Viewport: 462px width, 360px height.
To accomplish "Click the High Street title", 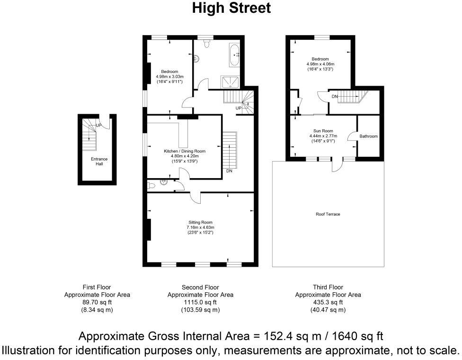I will coord(231,9).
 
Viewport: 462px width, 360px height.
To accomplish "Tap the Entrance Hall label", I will coord(99,162).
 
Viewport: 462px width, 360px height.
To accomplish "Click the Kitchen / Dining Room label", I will coord(184,151).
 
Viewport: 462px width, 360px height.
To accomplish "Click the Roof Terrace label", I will coord(328,214).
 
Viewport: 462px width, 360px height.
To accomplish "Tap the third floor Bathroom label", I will coord(368,136).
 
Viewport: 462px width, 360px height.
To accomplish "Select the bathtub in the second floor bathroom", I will coord(234,55).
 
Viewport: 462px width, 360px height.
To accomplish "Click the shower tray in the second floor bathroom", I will coord(231,81).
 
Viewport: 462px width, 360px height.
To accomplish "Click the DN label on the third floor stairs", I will coord(335,97).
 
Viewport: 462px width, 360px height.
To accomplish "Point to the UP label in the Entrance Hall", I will coord(98,125).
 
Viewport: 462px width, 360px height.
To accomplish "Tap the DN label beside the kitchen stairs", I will coord(229,171).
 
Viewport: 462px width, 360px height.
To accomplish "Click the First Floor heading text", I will coord(97,287).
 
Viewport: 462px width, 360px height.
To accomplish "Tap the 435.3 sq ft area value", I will coord(328,302).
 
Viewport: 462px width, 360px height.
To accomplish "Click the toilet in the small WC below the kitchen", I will coord(151,185).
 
